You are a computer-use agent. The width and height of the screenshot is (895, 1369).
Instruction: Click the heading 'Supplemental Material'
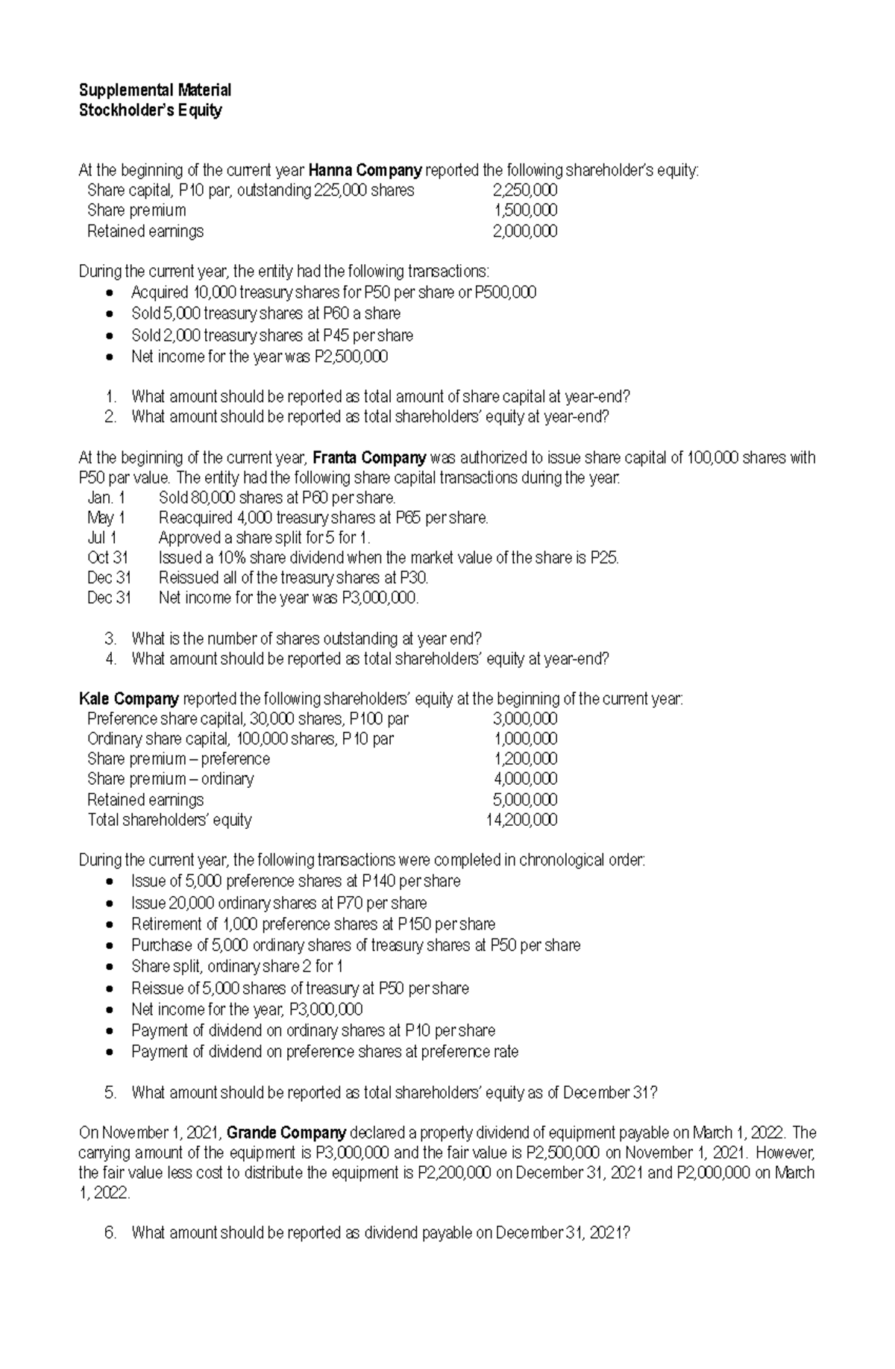tap(155, 90)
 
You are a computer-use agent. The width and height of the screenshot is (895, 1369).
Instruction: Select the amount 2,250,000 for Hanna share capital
tap(525, 190)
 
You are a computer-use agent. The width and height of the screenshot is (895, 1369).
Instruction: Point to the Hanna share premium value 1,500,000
tap(526, 210)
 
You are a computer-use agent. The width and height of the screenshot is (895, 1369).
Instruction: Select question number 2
tap(110, 417)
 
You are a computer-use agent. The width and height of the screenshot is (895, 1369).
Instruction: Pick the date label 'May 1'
tap(106, 518)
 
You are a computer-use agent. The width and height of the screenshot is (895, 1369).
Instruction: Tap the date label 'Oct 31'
tap(108, 558)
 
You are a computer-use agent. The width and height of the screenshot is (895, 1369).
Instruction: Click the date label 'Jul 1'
tap(102, 538)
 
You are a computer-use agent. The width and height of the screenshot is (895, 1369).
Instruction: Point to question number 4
tap(110, 659)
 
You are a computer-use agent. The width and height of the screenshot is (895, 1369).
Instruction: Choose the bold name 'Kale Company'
tap(128, 699)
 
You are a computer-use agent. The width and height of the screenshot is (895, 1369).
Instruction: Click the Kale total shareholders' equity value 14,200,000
tap(521, 820)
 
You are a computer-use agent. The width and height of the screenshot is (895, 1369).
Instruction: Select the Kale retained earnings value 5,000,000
tap(525, 800)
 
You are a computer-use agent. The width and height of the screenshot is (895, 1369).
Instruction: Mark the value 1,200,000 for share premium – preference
tap(526, 759)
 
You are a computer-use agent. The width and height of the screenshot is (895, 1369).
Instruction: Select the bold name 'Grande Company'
tap(286, 1133)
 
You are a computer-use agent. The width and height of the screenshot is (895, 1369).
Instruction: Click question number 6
tap(110, 1233)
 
